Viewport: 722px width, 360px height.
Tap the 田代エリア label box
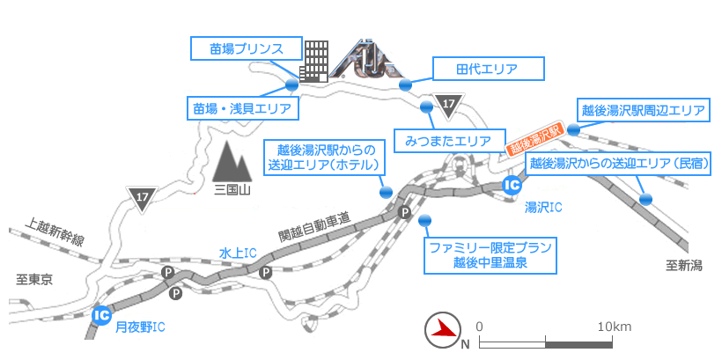click(487, 69)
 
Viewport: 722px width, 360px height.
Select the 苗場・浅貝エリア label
click(242, 108)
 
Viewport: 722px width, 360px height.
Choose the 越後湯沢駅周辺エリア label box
click(643, 111)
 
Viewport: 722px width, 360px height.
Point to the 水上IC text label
click(238, 253)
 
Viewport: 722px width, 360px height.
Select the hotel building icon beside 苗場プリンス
click(314, 61)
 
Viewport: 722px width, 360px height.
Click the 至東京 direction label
click(35, 280)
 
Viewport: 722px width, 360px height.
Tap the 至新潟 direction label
click(683, 266)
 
